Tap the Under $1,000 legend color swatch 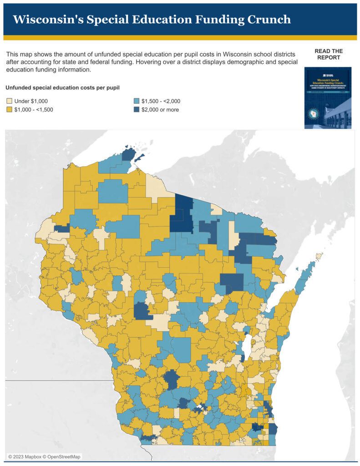tap(10, 101)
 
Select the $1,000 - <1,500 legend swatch tap(10, 110)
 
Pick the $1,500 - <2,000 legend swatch tap(137, 101)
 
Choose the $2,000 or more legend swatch tap(137, 110)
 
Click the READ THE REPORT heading tap(328, 54)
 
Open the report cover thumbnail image tap(328, 98)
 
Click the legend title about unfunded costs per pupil tap(62, 87)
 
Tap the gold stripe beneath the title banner tap(180, 38)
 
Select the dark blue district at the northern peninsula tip tap(129, 153)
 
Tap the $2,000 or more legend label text tap(160, 110)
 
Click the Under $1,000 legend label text tap(31, 101)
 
